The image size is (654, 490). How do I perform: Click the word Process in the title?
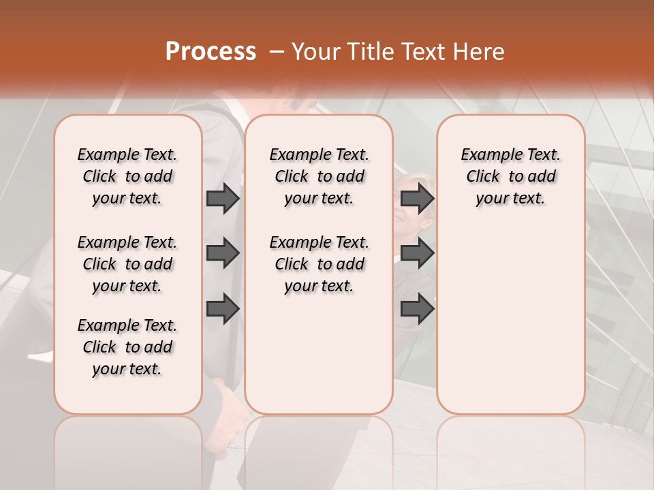211,51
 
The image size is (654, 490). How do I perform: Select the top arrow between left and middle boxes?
223,198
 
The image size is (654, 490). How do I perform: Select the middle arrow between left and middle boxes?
223,253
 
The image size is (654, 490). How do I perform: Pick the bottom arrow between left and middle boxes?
223,308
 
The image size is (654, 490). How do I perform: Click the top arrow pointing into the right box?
417,198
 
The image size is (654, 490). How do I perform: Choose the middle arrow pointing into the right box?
417,253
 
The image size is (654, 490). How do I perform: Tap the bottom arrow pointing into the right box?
417,308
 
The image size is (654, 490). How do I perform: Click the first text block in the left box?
127,176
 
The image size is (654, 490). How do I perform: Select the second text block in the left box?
127,264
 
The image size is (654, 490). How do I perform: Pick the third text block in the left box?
127,347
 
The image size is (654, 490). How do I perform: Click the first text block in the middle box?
319,176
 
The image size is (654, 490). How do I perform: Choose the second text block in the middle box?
319,264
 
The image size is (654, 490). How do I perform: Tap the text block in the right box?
510,176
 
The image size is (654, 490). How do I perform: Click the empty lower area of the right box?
510,327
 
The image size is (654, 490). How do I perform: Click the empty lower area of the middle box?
319,354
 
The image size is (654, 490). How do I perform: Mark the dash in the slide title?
277,52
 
